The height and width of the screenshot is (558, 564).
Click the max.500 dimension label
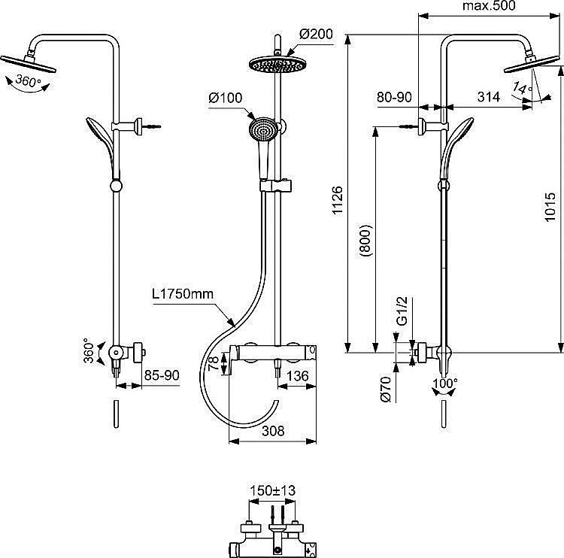click(489, 7)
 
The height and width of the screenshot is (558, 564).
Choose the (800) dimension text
click(365, 241)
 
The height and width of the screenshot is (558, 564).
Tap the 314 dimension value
click(489, 96)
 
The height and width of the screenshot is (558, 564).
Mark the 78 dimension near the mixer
click(214, 363)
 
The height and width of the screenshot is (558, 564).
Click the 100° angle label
click(445, 384)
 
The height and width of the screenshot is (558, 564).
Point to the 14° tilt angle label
click(521, 89)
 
